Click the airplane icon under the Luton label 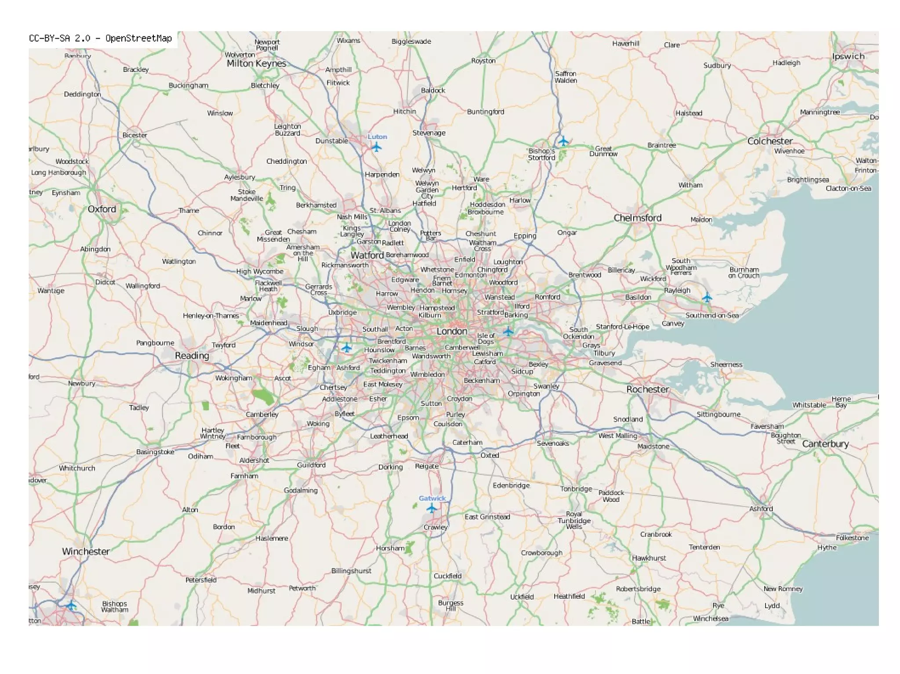tap(376, 147)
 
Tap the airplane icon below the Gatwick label tap(432, 508)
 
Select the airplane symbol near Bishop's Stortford tap(563, 141)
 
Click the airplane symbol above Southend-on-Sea tap(707, 298)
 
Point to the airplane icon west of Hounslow tap(347, 348)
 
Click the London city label tap(452, 331)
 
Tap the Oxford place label tap(102, 209)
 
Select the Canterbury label tap(825, 444)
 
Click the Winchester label tap(86, 551)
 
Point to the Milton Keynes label tap(256, 64)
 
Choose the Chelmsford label tap(637, 218)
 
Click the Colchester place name tap(770, 141)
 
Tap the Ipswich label tap(848, 56)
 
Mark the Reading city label tap(192, 356)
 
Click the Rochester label tap(648, 389)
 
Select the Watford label tap(367, 255)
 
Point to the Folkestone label tap(852, 537)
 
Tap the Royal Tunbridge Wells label tap(574, 520)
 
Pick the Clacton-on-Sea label tap(848, 188)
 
